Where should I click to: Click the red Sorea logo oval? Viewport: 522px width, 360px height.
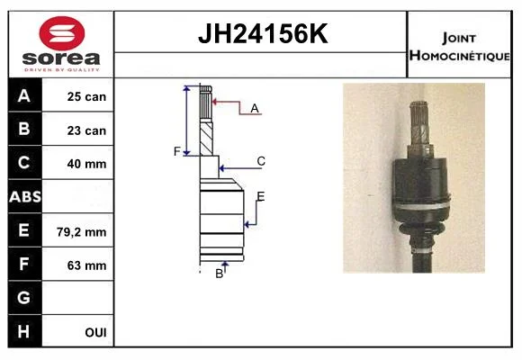62,33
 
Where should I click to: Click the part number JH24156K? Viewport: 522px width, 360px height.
263,33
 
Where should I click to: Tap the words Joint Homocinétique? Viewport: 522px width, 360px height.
459,47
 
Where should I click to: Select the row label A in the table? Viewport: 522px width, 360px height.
24,96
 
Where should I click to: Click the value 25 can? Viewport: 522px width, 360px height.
86,97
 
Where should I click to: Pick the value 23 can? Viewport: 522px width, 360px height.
86,130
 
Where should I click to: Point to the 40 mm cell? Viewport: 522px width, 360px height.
86,164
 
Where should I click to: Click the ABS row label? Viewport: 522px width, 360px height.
25,197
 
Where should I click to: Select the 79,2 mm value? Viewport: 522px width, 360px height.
82,232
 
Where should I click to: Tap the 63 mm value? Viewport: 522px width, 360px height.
86,265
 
